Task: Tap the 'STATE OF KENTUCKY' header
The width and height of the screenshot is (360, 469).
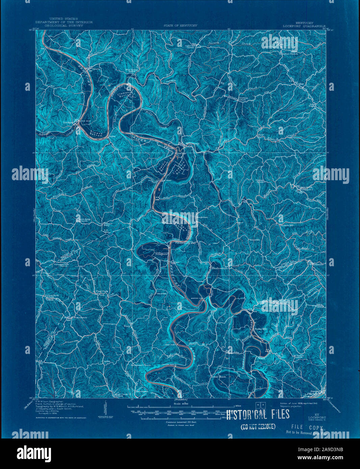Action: [180, 26]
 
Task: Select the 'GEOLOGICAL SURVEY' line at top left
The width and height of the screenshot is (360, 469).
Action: [64, 25]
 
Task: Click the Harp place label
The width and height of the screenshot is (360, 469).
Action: [127, 326]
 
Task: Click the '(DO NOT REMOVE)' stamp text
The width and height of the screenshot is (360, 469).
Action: [258, 426]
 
